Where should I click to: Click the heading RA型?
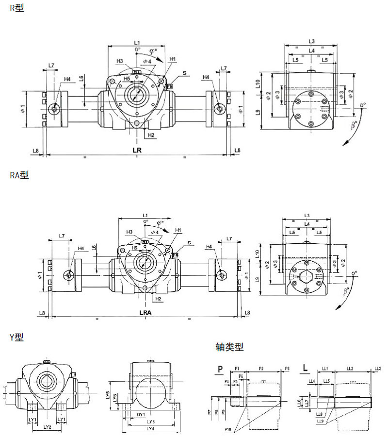click(19, 175)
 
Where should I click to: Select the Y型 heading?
click(16, 336)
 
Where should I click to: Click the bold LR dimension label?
click(138, 151)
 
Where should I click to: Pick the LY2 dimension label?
click(47, 427)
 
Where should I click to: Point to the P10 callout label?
click(228, 430)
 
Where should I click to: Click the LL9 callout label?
click(320, 421)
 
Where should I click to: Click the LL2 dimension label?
click(350, 369)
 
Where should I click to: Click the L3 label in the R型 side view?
click(312, 41)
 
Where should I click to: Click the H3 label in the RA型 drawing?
click(129, 232)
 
